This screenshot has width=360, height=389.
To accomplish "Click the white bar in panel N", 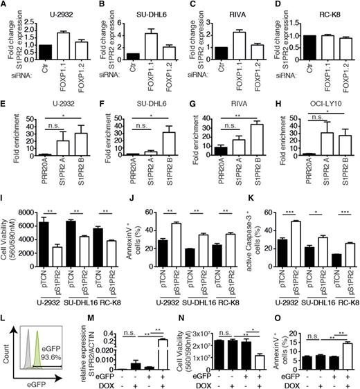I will pos(254,346).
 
